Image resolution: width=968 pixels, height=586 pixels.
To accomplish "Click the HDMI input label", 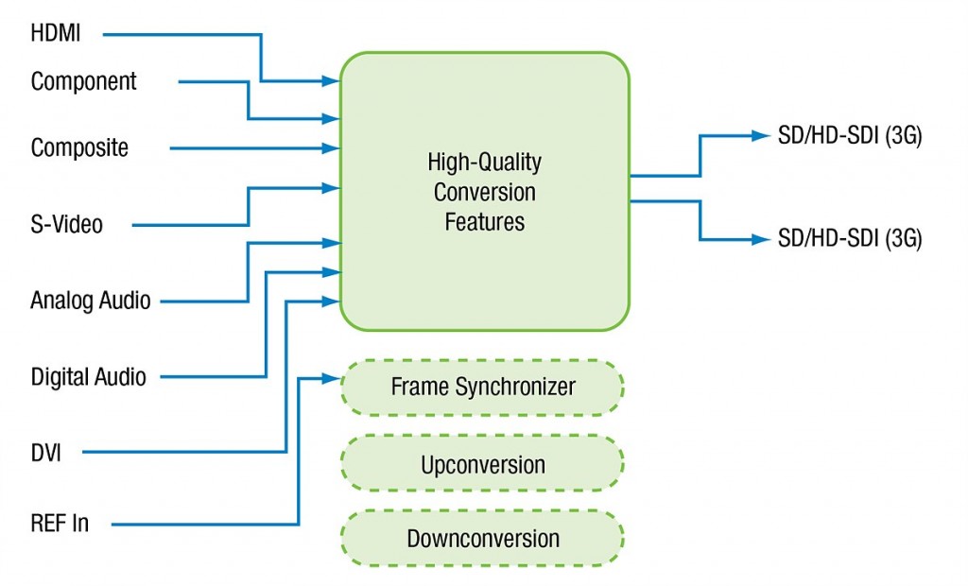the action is click(x=56, y=33).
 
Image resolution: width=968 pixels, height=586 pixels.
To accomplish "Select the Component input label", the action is click(x=84, y=81).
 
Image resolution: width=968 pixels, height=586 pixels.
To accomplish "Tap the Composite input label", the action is click(x=79, y=148).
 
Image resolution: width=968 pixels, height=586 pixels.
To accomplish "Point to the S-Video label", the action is click(x=67, y=224).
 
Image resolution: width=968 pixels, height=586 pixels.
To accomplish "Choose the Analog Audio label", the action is click(x=91, y=301).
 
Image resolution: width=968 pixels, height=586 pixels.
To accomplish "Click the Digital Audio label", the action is click(x=89, y=377).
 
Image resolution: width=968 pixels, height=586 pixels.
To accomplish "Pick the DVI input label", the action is click(x=46, y=453).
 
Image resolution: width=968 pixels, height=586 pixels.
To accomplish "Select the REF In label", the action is click(x=60, y=524).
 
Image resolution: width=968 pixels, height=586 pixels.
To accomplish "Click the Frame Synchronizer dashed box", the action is click(x=483, y=388).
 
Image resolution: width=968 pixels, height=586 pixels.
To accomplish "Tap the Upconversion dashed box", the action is click(x=483, y=464).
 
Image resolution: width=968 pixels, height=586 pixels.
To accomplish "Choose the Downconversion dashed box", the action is click(x=483, y=539).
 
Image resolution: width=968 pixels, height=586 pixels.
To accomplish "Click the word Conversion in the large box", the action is click(x=485, y=192).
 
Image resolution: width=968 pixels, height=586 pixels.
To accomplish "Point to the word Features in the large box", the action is click(x=485, y=222).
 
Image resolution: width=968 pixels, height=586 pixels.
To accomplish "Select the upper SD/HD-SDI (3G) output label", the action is click(x=850, y=135).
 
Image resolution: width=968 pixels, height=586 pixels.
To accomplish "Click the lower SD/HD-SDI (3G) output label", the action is click(x=850, y=238).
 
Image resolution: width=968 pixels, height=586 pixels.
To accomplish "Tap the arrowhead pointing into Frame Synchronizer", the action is click(x=332, y=378).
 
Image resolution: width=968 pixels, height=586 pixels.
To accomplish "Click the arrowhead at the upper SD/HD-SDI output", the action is click(x=761, y=135).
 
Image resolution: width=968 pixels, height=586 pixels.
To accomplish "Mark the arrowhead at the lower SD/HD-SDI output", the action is click(x=761, y=239).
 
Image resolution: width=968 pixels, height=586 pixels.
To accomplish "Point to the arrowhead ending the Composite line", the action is click(x=331, y=148).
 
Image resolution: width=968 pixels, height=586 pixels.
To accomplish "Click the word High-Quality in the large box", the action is click(x=485, y=163).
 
